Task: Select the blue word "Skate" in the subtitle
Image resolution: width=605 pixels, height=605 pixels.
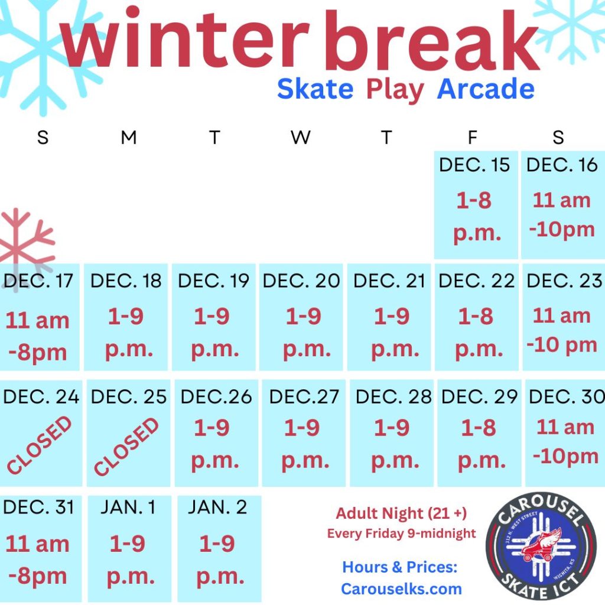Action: click(x=315, y=89)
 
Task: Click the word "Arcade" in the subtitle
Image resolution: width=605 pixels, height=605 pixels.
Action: click(x=486, y=89)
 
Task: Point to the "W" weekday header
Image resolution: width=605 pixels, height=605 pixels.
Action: click(x=301, y=137)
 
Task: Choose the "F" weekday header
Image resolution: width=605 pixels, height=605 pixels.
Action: click(x=472, y=137)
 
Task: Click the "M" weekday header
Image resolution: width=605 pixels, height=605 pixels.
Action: click(x=129, y=137)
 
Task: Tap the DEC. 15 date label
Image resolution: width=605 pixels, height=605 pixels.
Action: click(x=474, y=165)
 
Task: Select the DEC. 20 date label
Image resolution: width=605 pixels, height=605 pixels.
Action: click(x=301, y=281)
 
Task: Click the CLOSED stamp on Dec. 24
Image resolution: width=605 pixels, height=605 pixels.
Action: click(x=40, y=445)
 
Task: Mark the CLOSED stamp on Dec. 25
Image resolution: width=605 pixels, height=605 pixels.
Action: click(x=126, y=447)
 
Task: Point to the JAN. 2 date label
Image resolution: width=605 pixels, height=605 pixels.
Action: click(x=217, y=506)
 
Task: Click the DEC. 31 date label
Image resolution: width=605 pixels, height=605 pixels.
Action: click(x=38, y=506)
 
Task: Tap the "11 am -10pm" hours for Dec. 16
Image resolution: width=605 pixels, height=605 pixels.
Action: click(x=562, y=215)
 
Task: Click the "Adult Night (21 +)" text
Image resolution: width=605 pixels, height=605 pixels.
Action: click(x=401, y=513)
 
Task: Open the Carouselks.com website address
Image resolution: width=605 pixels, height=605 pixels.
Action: click(x=401, y=589)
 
